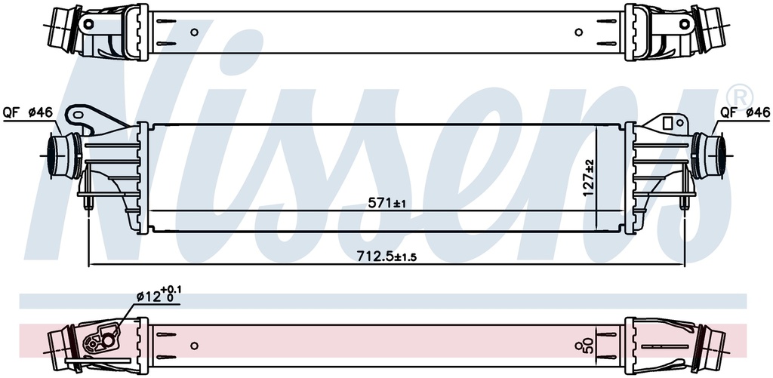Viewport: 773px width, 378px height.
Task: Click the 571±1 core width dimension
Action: (x=387, y=202)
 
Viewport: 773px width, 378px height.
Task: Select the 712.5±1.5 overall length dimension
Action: (x=383, y=256)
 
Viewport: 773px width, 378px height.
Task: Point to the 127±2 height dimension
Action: (x=588, y=178)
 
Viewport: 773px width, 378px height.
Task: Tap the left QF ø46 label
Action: (x=28, y=113)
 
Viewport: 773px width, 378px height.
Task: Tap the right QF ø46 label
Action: (x=745, y=113)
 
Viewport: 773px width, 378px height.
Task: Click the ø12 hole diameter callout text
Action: (x=159, y=295)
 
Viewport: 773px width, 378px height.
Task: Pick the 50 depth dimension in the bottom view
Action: (x=587, y=346)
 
